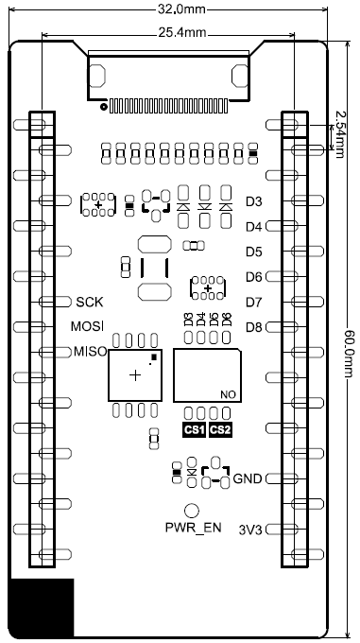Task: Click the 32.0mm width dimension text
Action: tap(181, 9)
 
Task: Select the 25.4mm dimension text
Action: tap(182, 33)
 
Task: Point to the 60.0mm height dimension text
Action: tap(349, 354)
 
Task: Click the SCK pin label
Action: tap(90, 303)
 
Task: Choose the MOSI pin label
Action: tap(87, 326)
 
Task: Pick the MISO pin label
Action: tap(90, 352)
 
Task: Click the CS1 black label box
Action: tap(194, 430)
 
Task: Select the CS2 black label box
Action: tap(220, 430)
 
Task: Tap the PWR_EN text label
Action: tap(194, 528)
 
